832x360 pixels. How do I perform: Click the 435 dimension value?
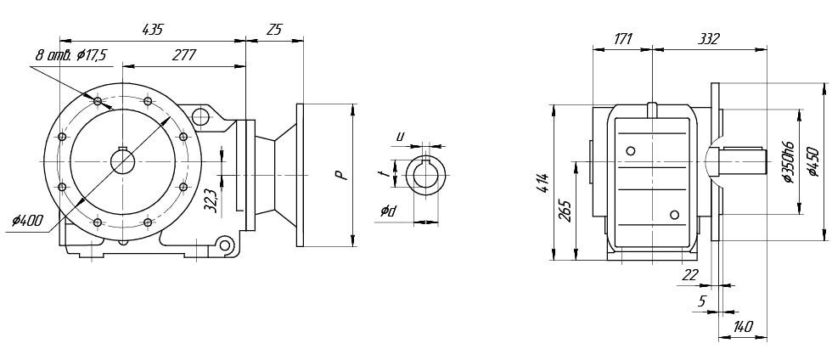(154, 29)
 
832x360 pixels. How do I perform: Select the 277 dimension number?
(184, 55)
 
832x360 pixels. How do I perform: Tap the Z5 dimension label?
(274, 29)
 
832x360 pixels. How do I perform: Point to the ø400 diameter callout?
(27, 220)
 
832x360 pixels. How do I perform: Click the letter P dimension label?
(344, 175)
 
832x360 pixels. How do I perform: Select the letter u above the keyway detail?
(401, 137)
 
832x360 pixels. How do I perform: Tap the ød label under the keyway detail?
(388, 211)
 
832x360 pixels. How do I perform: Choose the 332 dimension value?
(710, 38)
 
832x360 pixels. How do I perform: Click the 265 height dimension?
(566, 211)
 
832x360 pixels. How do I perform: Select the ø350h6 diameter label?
(788, 162)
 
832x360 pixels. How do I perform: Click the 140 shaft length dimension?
(742, 327)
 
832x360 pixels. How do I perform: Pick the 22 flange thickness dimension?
(689, 274)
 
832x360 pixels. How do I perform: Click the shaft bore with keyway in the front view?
(122, 161)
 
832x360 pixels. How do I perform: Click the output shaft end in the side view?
(743, 161)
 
